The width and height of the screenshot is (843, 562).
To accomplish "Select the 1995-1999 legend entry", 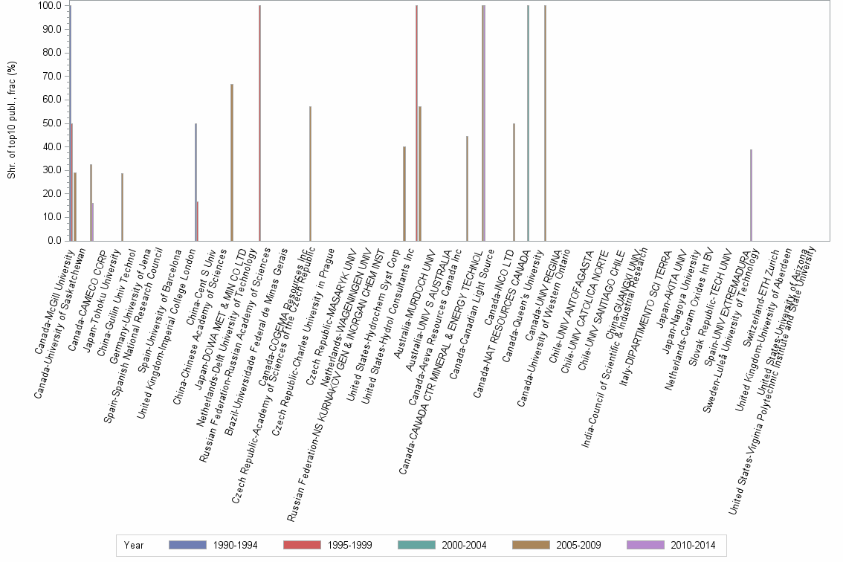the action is (x=306, y=546).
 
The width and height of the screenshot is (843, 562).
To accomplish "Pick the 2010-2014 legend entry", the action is (x=649, y=546).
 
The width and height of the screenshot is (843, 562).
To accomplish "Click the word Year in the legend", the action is (x=134, y=546).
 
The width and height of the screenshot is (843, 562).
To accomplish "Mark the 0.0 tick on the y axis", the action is (x=55, y=241).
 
